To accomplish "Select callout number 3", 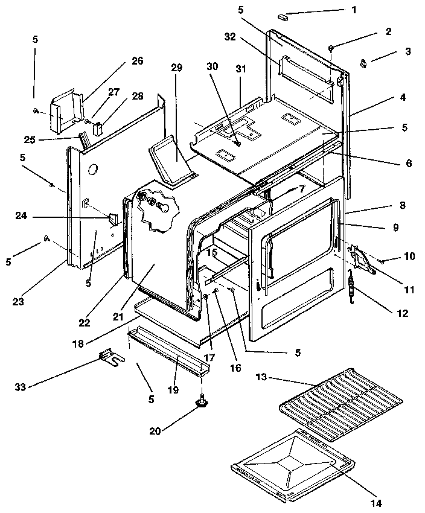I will tap(408, 52).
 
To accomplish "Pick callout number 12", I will tap(403, 313).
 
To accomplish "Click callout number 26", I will tap(137, 61).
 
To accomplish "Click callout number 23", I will tap(19, 301).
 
